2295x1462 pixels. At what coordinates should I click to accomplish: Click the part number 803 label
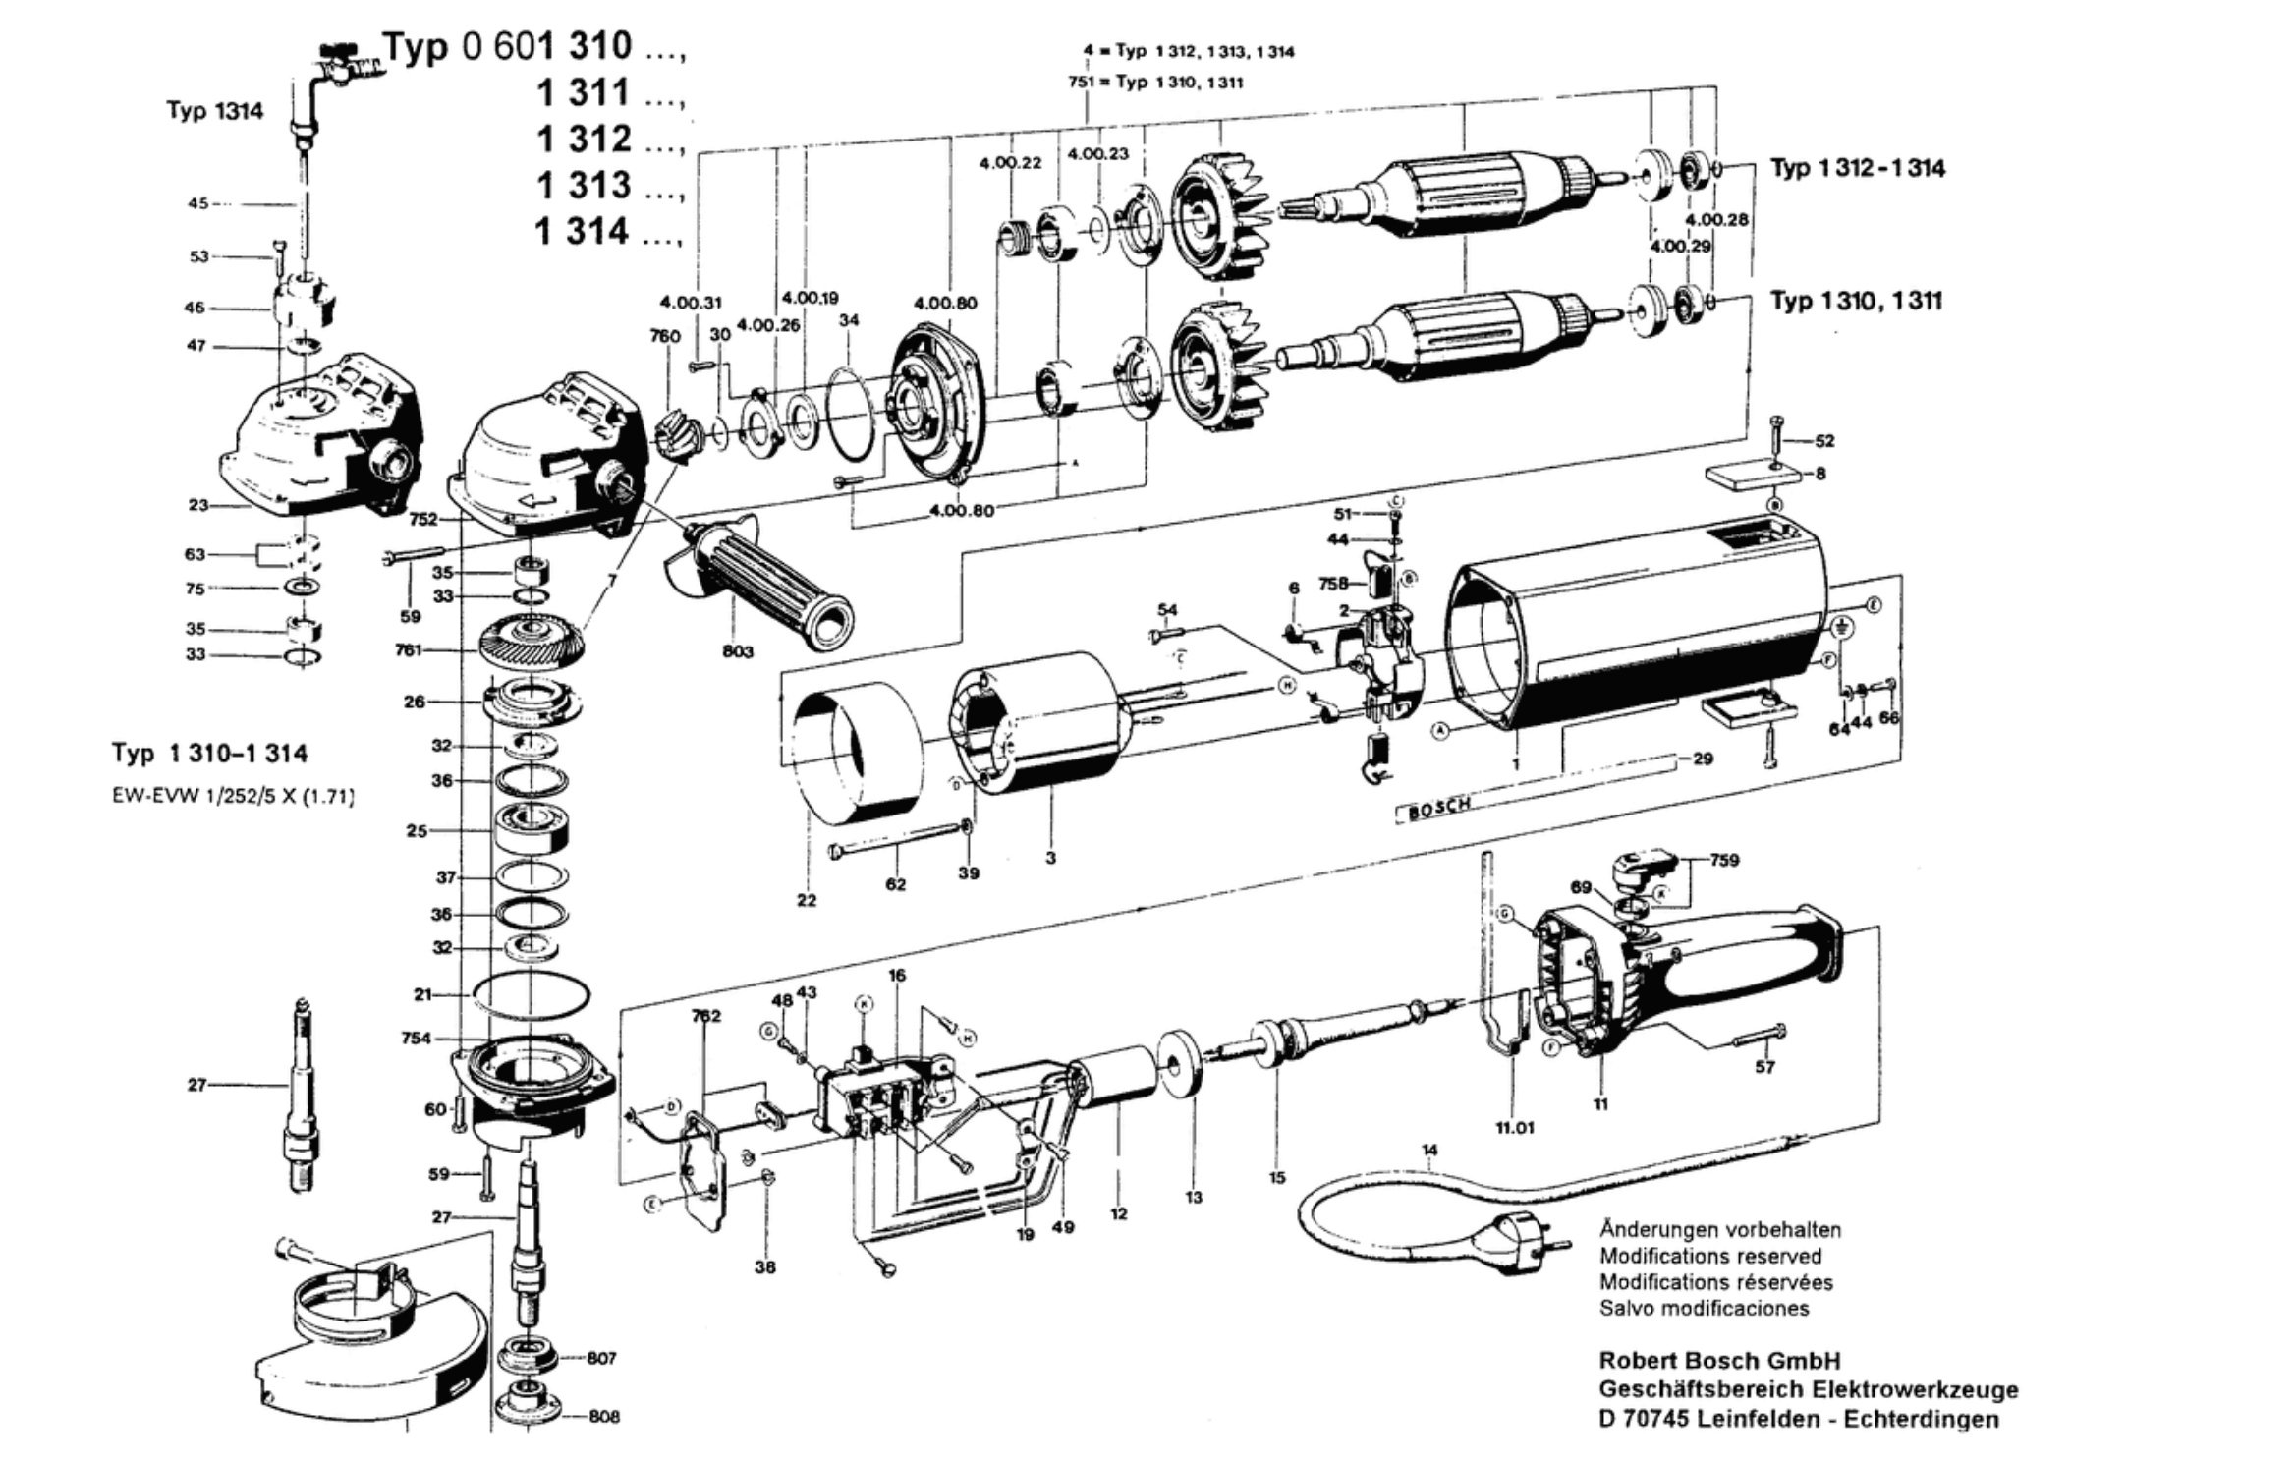[737, 650]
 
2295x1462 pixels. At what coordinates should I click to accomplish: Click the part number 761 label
[409, 649]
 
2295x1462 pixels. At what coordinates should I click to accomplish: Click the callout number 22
[807, 899]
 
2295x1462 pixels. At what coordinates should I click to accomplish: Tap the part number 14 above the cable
[1429, 1149]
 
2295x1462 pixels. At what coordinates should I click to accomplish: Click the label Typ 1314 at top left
[214, 110]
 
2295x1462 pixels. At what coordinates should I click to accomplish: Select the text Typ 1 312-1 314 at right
[1857, 168]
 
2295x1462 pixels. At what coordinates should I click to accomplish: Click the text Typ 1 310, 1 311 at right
[1856, 301]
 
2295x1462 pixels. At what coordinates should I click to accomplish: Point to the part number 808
[604, 1416]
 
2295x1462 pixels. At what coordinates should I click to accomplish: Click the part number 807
[601, 1358]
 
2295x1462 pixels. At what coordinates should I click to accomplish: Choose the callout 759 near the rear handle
[1724, 860]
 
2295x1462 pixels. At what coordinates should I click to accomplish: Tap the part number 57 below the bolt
[1764, 1066]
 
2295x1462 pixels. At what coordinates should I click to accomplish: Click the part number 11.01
[1514, 1127]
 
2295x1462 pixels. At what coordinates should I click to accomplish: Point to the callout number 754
[416, 1038]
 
